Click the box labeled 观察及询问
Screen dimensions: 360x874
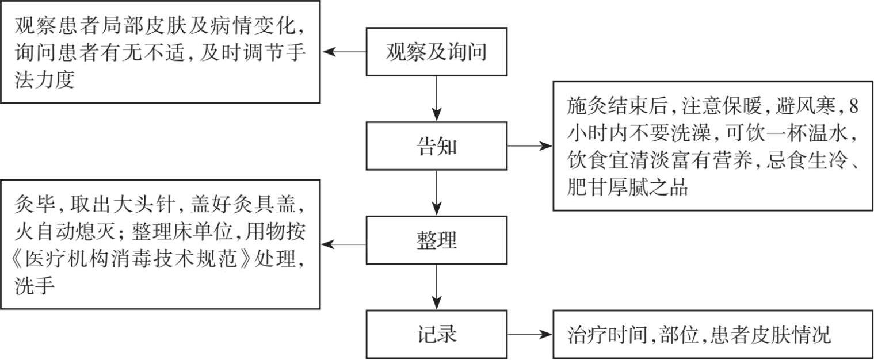tap(437, 52)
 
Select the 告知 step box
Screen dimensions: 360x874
tap(437, 146)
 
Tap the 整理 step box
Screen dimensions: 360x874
tap(437, 240)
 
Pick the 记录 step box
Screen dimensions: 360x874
tap(437, 335)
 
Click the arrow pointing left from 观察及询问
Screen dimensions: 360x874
tap(344, 52)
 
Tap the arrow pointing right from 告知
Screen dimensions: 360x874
tap(529, 146)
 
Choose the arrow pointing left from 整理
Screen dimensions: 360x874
tap(344, 244)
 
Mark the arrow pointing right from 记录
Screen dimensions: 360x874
tap(529, 335)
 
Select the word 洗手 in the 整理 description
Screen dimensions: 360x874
tap(35, 286)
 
